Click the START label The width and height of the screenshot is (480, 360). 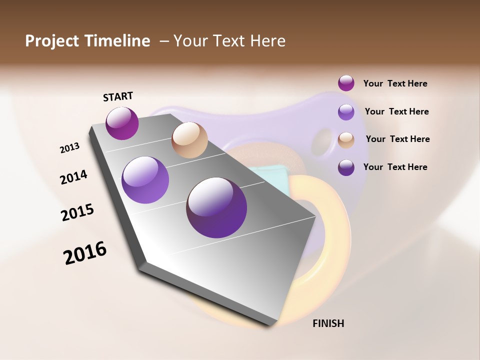pyautogui.click(x=118, y=96)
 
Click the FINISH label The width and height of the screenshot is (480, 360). pyautogui.click(x=328, y=323)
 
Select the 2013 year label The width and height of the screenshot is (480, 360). pyautogui.click(x=69, y=148)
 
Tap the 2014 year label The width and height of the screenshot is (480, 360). pyautogui.click(x=73, y=177)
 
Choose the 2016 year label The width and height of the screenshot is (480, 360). pyautogui.click(x=85, y=252)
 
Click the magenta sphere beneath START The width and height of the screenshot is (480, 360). pyautogui.click(x=122, y=123)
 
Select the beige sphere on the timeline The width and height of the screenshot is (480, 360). pyautogui.click(x=189, y=140)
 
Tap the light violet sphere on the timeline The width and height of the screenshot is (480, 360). pyautogui.click(x=145, y=180)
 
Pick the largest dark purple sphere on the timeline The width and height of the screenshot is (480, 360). pyautogui.click(x=216, y=207)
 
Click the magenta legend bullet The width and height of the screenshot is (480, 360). pyautogui.click(x=346, y=83)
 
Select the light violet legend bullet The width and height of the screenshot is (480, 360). pyautogui.click(x=346, y=112)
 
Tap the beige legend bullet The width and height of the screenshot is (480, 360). pyautogui.click(x=346, y=140)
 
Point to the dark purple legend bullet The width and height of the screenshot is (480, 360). pyautogui.click(x=346, y=167)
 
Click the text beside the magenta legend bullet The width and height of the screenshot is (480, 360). pyautogui.click(x=395, y=84)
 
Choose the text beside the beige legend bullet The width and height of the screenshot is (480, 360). pyautogui.click(x=397, y=139)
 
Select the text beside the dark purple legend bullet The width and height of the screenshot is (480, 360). pyautogui.click(x=395, y=167)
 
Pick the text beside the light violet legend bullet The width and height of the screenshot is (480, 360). pyautogui.click(x=396, y=111)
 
